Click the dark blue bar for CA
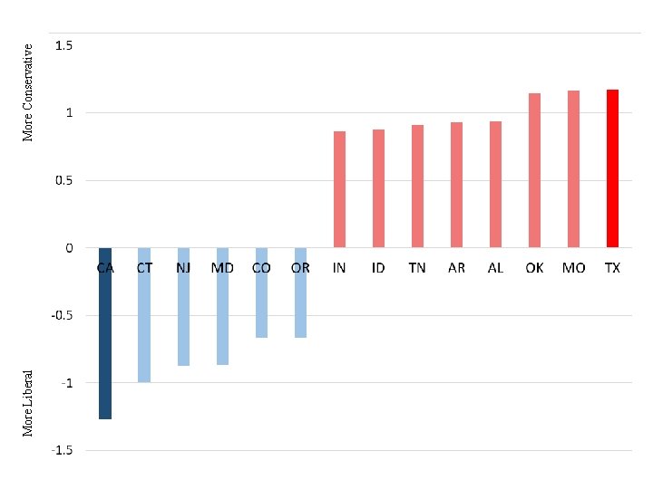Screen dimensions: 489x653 pos(105,333)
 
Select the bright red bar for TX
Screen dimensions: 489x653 pos(612,168)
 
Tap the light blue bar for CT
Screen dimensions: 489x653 pos(144,314)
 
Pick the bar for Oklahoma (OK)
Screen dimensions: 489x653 pos(534,170)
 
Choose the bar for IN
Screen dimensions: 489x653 pos(339,189)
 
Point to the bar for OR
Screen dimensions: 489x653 pos(300,292)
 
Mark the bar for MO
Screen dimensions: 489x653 pos(573,169)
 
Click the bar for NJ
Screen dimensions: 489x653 pos(183,306)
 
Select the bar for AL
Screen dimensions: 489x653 pos(495,185)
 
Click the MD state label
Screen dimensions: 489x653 pos(222,268)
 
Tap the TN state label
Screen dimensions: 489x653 pos(417,268)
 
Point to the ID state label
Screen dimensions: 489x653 pos(378,268)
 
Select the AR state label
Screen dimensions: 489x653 pos(456,268)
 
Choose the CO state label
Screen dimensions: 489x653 pos(261,268)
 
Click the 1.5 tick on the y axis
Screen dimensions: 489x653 pos(64,45)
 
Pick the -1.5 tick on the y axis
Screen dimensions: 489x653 pos(63,450)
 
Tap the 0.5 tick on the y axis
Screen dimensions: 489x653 pos(63,180)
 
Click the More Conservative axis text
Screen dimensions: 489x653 pos(28,92)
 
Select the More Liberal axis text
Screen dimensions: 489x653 pos(28,402)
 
